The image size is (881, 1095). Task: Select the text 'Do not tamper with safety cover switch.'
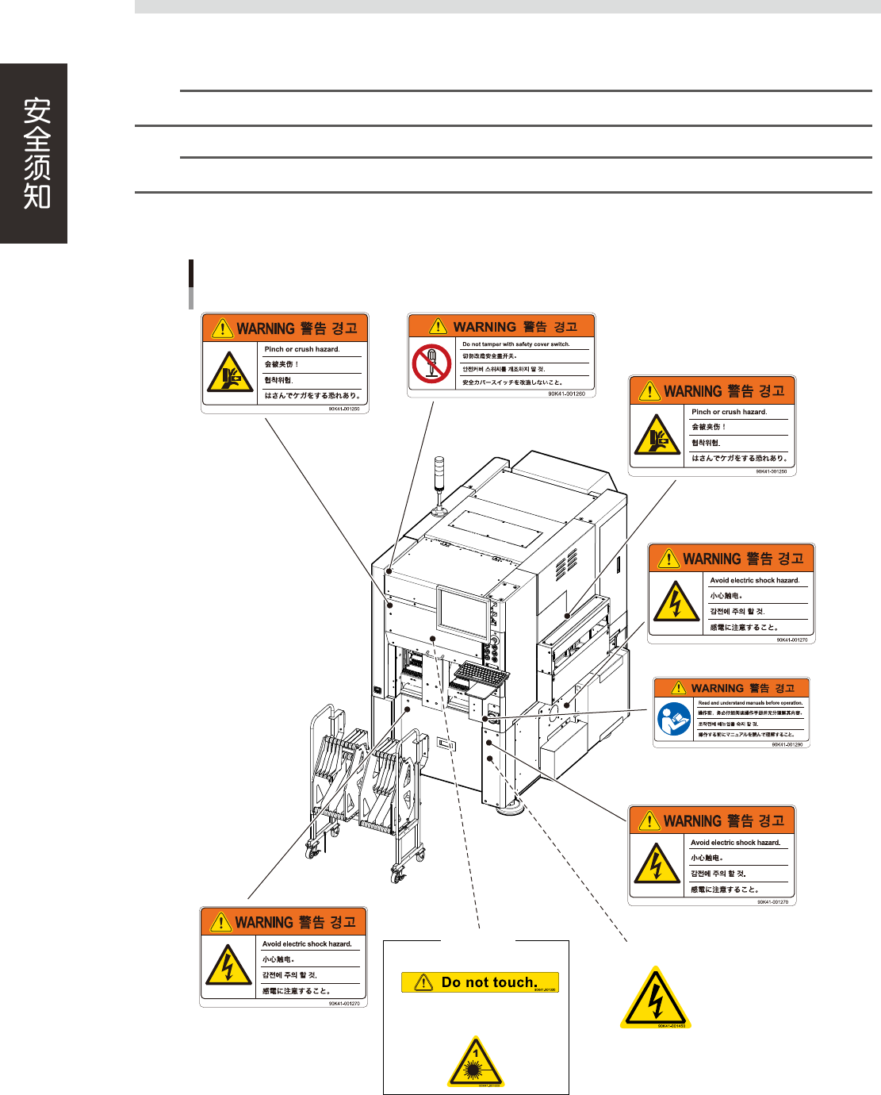(516, 344)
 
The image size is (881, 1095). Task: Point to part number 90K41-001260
(566, 394)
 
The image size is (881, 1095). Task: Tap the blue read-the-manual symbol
(674, 719)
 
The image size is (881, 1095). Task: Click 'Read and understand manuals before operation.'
(750, 703)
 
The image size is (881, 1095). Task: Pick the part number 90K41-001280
(787, 744)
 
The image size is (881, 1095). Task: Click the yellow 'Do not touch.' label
(480, 982)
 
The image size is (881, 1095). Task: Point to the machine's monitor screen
(463, 613)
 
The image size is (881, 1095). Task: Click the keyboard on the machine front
(481, 675)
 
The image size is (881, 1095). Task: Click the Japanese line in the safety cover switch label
(512, 382)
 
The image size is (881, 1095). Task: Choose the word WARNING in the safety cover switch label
(485, 327)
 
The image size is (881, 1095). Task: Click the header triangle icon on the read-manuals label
(679, 688)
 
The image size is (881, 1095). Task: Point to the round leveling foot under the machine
(511, 807)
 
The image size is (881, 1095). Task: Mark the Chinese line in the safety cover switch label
(490, 356)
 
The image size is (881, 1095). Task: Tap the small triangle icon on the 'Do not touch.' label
(423, 982)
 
